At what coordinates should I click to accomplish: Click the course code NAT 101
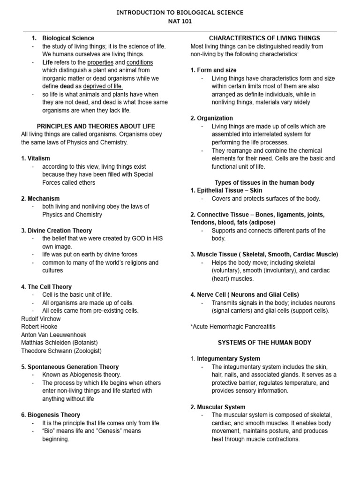pyautogui.click(x=180, y=21)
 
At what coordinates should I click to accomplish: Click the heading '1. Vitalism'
pyautogui.click(x=36, y=158)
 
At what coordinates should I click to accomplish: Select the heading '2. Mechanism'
pyautogui.click(x=40, y=199)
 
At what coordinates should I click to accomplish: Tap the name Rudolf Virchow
pyautogui.click(x=41, y=319)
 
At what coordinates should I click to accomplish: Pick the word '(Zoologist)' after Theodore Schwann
pyautogui.click(x=85, y=351)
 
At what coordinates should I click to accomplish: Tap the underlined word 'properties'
pyautogui.click(x=100, y=62)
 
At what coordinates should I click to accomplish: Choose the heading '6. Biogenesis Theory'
pyautogui.click(x=51, y=415)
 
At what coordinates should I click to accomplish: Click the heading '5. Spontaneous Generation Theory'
pyautogui.click(x=70, y=367)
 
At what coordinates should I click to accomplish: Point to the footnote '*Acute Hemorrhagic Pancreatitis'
pyautogui.click(x=233, y=326)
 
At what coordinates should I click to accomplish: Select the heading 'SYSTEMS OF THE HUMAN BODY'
pyautogui.click(x=264, y=343)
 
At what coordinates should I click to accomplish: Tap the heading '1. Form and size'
pyautogui.click(x=213, y=70)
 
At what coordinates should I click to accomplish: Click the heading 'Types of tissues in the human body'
pyautogui.click(x=264, y=182)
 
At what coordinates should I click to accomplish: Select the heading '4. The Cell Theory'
pyautogui.click(x=46, y=287)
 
